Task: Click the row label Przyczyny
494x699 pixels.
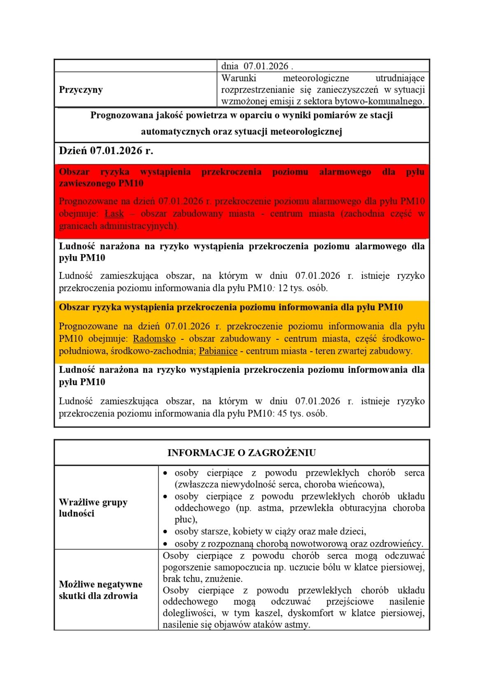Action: point(81,90)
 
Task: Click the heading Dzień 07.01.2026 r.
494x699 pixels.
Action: point(106,151)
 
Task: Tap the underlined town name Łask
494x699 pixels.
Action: point(114,214)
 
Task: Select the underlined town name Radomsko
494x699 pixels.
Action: point(154,339)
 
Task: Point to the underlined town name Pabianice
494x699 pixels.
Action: point(218,351)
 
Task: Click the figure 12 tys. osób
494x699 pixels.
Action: point(303,288)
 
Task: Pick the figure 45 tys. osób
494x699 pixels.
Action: point(303,414)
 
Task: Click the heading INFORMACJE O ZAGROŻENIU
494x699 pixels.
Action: point(242,453)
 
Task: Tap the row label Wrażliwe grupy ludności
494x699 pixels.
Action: point(93,508)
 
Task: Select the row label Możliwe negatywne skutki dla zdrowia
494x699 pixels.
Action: point(100,590)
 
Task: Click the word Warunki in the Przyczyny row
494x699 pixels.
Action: point(239,78)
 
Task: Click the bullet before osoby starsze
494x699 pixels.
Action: point(165,532)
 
